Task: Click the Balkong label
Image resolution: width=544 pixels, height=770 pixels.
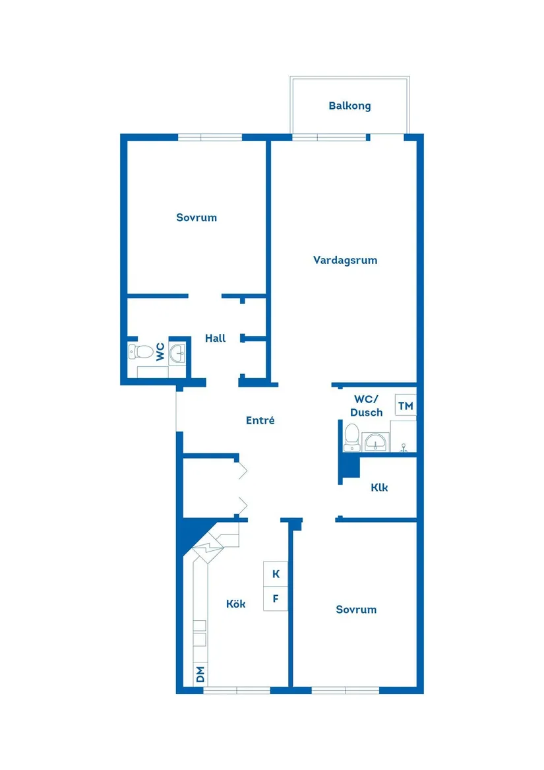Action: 349,106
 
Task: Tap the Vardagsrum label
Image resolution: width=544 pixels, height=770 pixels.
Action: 345,260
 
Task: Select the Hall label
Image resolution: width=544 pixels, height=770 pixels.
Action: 215,338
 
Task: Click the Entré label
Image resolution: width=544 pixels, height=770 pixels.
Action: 260,420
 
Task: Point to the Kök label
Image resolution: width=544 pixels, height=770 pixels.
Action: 236,604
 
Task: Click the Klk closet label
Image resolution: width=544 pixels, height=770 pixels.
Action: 379,488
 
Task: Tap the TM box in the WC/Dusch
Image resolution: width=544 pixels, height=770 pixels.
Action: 406,406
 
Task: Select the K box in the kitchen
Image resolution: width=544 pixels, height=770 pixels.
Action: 276,574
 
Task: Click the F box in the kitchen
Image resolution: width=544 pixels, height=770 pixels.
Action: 276,599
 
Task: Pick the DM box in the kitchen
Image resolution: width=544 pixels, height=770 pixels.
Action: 200,675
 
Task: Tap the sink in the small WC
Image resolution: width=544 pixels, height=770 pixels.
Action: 177,354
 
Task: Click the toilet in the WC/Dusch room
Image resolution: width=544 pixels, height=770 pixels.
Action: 351,437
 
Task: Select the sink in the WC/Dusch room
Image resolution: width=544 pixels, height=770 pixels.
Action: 376,441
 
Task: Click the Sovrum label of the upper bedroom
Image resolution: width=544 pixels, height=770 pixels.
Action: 196,217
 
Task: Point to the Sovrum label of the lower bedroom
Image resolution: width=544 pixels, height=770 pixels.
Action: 356,609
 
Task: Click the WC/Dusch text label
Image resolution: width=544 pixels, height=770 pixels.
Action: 367,406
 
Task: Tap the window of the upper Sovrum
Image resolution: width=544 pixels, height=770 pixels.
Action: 210,137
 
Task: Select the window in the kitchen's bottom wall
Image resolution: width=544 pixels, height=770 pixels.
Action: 237,690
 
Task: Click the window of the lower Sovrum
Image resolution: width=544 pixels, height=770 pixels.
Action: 345,690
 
